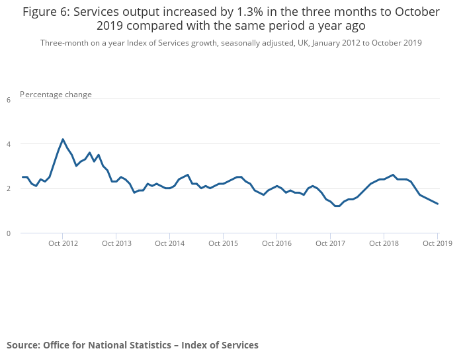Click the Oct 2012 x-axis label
click(x=63, y=243)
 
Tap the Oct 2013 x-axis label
click(x=116, y=243)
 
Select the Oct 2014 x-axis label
click(x=170, y=243)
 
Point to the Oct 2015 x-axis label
click(x=224, y=243)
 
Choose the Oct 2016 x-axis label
click(x=277, y=243)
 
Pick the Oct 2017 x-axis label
click(x=331, y=243)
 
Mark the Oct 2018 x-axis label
click(x=384, y=243)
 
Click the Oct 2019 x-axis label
click(x=437, y=243)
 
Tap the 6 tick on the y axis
click(x=9, y=100)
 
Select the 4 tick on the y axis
click(x=9, y=144)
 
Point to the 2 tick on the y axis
click(x=9, y=189)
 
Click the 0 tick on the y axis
click(x=9, y=233)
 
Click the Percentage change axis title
click(x=56, y=95)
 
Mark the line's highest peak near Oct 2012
click(x=63, y=139)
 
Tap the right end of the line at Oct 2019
click(x=438, y=204)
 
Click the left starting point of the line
click(x=22, y=177)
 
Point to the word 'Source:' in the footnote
click(x=23, y=345)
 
